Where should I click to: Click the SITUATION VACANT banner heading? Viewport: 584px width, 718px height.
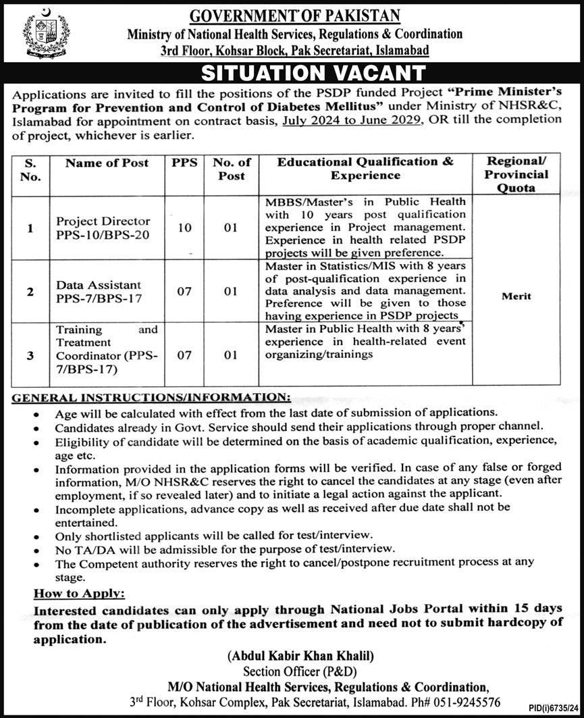click(x=314, y=72)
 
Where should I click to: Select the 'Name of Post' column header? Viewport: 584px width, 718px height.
click(x=107, y=163)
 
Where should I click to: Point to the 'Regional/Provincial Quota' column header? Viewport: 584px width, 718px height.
click(x=517, y=174)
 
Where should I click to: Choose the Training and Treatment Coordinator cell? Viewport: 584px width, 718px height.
click(x=107, y=349)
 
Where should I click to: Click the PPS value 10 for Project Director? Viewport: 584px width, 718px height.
click(x=184, y=228)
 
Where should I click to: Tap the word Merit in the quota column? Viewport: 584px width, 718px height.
click(x=517, y=296)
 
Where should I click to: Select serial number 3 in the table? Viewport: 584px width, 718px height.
click(x=30, y=355)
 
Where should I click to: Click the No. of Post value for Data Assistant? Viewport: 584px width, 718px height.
click(x=231, y=292)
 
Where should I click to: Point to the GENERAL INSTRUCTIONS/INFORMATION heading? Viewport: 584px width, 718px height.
click(x=152, y=398)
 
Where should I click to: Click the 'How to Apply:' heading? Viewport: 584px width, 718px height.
click(x=80, y=593)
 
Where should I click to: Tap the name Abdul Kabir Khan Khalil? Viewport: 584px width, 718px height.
click(x=301, y=655)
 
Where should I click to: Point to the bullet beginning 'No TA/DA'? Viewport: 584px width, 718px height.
click(x=225, y=548)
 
